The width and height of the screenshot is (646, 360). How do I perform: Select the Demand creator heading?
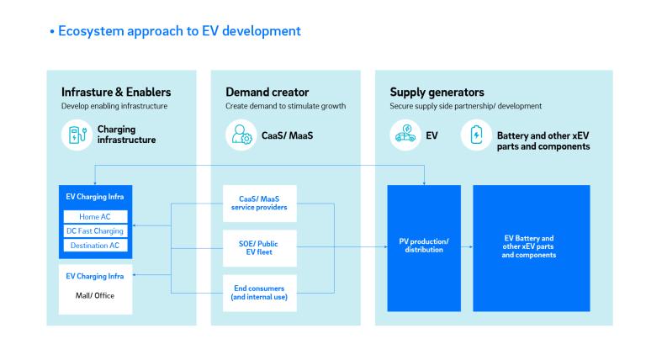267,92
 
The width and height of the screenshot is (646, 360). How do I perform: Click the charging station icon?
77,135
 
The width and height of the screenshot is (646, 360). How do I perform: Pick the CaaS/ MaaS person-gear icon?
241,135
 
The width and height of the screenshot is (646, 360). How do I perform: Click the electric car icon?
405,135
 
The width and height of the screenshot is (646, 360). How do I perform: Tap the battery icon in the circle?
476,135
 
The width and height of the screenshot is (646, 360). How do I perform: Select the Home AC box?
95,217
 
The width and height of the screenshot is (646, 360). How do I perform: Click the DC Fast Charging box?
95,231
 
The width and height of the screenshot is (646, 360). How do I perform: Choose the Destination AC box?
95,245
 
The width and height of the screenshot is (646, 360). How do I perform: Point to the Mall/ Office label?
95,295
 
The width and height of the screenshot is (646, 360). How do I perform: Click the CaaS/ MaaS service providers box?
259,204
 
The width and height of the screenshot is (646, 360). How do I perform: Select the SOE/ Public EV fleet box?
259,247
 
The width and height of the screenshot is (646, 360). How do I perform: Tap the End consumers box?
259,292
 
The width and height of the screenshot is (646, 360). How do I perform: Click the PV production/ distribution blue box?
423,246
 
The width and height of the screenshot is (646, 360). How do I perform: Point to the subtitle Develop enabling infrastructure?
115,107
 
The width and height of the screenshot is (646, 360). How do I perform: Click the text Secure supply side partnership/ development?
466,107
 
